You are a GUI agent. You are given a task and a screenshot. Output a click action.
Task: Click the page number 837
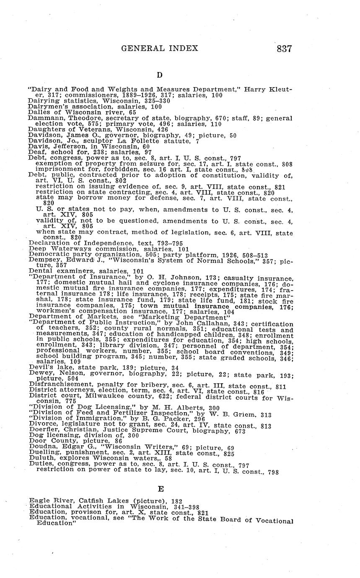tap(284, 49)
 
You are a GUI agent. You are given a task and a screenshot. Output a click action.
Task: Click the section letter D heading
tap(159, 75)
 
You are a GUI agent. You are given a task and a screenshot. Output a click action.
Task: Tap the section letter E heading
tap(161, 489)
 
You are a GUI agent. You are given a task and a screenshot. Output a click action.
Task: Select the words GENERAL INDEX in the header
tap(160, 49)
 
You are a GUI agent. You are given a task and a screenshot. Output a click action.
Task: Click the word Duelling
tap(42, 454)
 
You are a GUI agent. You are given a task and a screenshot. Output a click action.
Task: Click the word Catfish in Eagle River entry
tap(87, 501)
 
